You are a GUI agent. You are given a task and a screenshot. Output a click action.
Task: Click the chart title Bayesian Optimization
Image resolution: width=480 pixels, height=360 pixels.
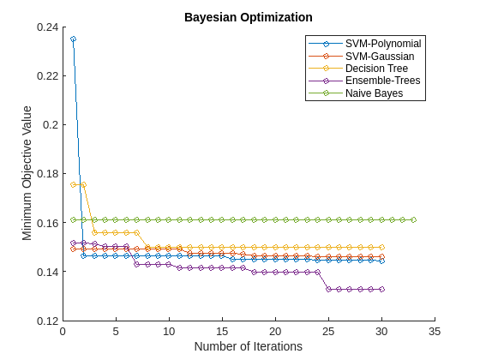249,17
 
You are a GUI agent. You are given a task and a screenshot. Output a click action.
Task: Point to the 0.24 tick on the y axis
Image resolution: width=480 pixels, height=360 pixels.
47,27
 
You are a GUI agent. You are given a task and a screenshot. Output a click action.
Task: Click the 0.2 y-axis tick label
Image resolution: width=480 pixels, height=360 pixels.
51,125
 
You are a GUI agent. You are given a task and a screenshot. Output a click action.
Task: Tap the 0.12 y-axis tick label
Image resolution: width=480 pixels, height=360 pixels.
47,321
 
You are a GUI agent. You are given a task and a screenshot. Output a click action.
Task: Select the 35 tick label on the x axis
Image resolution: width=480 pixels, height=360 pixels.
435,332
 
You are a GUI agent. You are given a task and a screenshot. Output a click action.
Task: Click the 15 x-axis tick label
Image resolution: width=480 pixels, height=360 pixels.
222,332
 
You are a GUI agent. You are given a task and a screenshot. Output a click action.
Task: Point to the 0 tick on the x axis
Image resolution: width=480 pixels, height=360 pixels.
63,332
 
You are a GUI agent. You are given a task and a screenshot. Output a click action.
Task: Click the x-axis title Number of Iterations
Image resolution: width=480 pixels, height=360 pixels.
249,346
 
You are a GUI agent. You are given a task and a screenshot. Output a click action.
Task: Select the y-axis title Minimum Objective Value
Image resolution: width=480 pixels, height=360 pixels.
27,173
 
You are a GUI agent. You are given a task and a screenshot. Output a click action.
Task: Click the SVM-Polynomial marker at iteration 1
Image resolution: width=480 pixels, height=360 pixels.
73,39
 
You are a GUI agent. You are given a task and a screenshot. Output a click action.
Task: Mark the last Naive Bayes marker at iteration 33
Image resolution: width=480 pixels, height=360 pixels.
413,219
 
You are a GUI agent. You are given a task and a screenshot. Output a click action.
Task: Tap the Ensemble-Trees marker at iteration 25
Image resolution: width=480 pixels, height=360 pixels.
328,290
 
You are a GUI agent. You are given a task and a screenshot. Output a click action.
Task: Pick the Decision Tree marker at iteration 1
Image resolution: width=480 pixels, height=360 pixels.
73,184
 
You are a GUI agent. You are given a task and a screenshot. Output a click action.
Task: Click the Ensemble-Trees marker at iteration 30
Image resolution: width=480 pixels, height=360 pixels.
381,290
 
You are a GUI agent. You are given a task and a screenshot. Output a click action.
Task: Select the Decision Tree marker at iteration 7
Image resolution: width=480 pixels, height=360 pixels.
137,232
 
